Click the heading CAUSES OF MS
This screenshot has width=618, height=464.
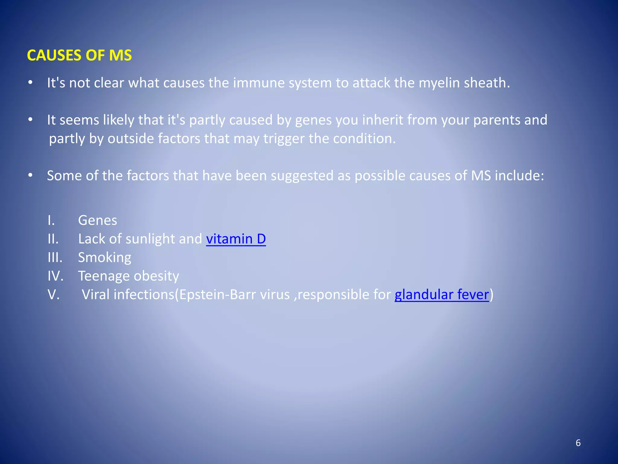(x=79, y=55)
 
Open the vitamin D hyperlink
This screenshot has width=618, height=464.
(x=236, y=239)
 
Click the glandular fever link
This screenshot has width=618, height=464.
(x=441, y=295)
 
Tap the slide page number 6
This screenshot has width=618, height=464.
(x=578, y=443)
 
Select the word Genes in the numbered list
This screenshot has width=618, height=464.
(x=97, y=220)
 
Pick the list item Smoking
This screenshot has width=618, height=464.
(x=105, y=258)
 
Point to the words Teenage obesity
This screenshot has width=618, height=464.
(x=129, y=276)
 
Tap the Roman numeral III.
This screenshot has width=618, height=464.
(x=55, y=258)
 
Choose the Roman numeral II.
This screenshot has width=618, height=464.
(x=53, y=239)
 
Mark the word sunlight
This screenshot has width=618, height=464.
(x=150, y=239)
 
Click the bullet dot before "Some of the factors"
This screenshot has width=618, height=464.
(x=30, y=175)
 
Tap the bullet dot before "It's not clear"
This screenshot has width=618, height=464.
(x=30, y=82)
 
